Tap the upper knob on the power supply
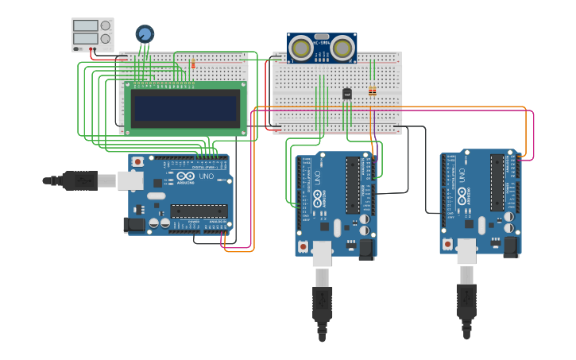click(105, 25)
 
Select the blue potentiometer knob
click(145, 33)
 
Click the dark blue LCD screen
click(186, 108)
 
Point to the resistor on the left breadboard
click(192, 64)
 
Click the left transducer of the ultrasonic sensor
click(301, 48)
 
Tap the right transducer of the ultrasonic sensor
click(342, 48)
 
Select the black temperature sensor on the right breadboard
click(346, 94)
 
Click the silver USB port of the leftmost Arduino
click(130, 180)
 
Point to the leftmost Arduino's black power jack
click(136, 225)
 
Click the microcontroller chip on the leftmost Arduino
click(198, 211)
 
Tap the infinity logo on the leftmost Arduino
click(180, 176)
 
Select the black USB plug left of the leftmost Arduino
click(79, 180)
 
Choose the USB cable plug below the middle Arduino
click(322, 302)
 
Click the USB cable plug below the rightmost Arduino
click(466, 300)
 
